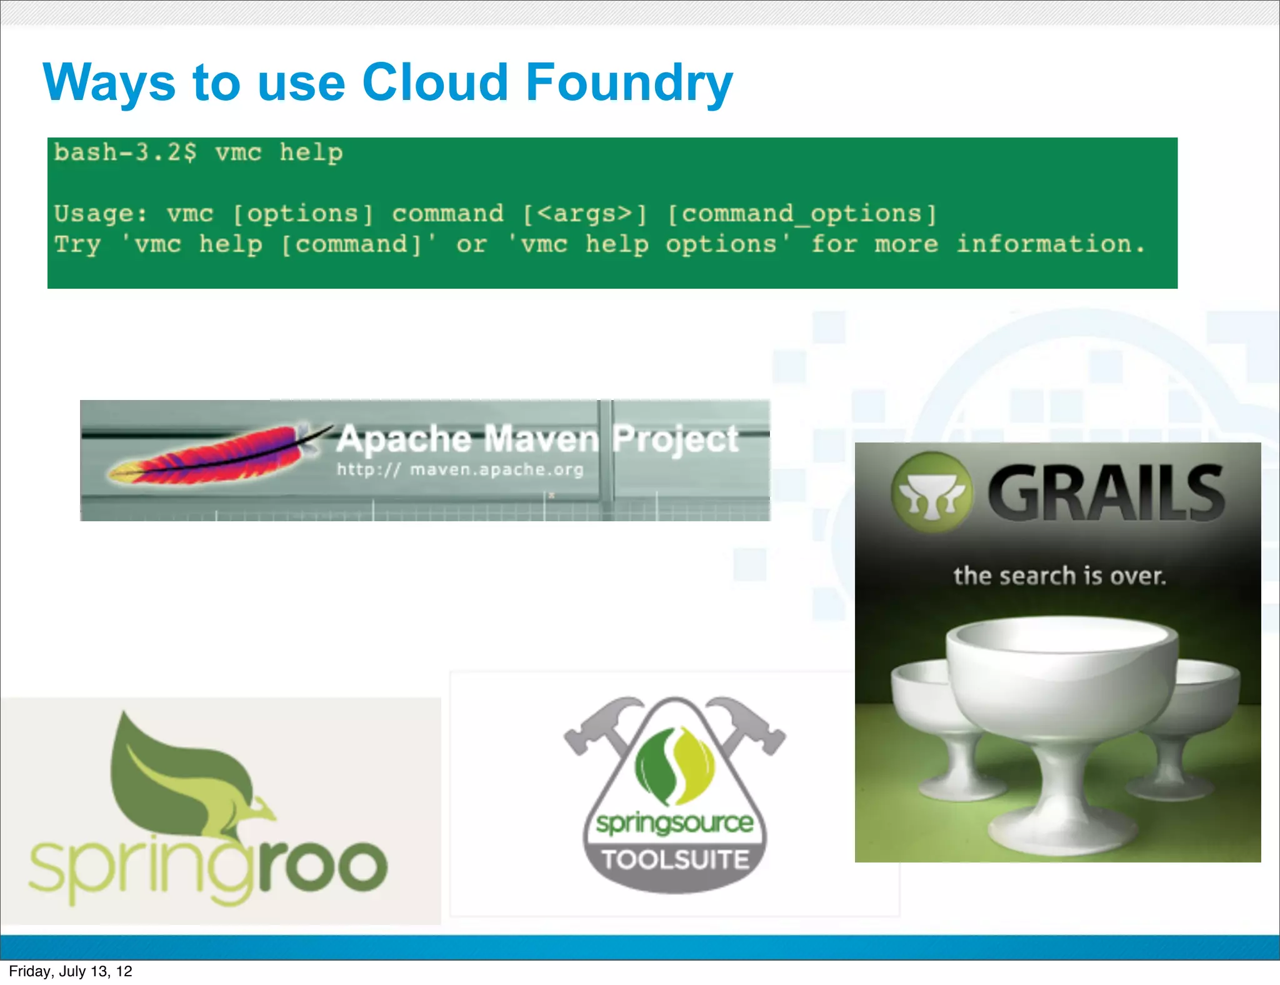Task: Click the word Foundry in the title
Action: (x=628, y=82)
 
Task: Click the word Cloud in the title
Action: (x=434, y=82)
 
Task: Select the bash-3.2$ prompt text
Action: (x=125, y=152)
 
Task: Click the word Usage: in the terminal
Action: (x=101, y=214)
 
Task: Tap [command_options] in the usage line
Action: (x=802, y=214)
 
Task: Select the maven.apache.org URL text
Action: (x=496, y=469)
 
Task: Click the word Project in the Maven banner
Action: (x=675, y=439)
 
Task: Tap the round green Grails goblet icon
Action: (x=931, y=493)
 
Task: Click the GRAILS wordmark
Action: (x=1105, y=493)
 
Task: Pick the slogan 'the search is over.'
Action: (x=1059, y=576)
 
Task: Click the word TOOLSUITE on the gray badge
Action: (x=675, y=860)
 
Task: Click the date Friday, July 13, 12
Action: (x=71, y=971)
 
